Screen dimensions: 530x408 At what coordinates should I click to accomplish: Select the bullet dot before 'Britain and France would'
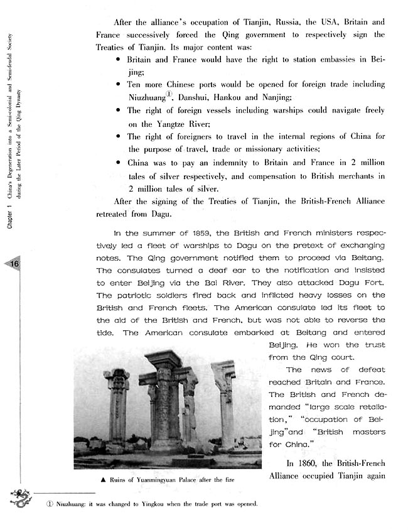click(x=119, y=58)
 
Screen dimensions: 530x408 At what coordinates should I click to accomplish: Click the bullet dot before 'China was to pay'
click(x=119, y=162)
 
